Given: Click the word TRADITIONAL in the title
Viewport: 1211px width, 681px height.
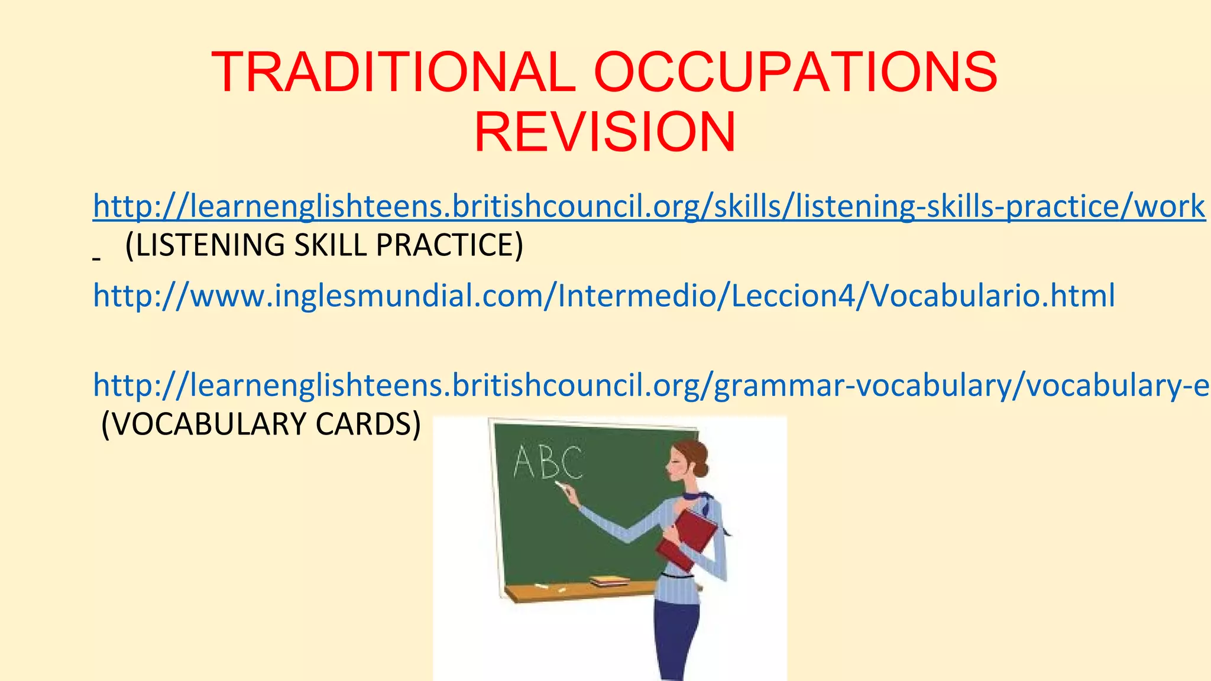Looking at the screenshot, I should (393, 72).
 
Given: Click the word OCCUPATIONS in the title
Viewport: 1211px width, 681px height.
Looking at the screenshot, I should (795, 72).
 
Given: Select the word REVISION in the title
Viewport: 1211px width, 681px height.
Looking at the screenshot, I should (605, 132).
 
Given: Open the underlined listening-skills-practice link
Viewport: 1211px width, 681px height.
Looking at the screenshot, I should (648, 206).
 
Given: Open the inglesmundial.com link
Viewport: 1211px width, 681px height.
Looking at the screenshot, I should (603, 295).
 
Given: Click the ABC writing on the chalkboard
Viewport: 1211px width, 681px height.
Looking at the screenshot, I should (548, 462).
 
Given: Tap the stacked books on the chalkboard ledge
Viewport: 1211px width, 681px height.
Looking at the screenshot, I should (609, 582).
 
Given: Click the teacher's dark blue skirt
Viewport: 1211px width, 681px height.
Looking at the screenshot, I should (677, 638).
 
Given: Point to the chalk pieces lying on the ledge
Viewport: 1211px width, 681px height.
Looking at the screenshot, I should (548, 588).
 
